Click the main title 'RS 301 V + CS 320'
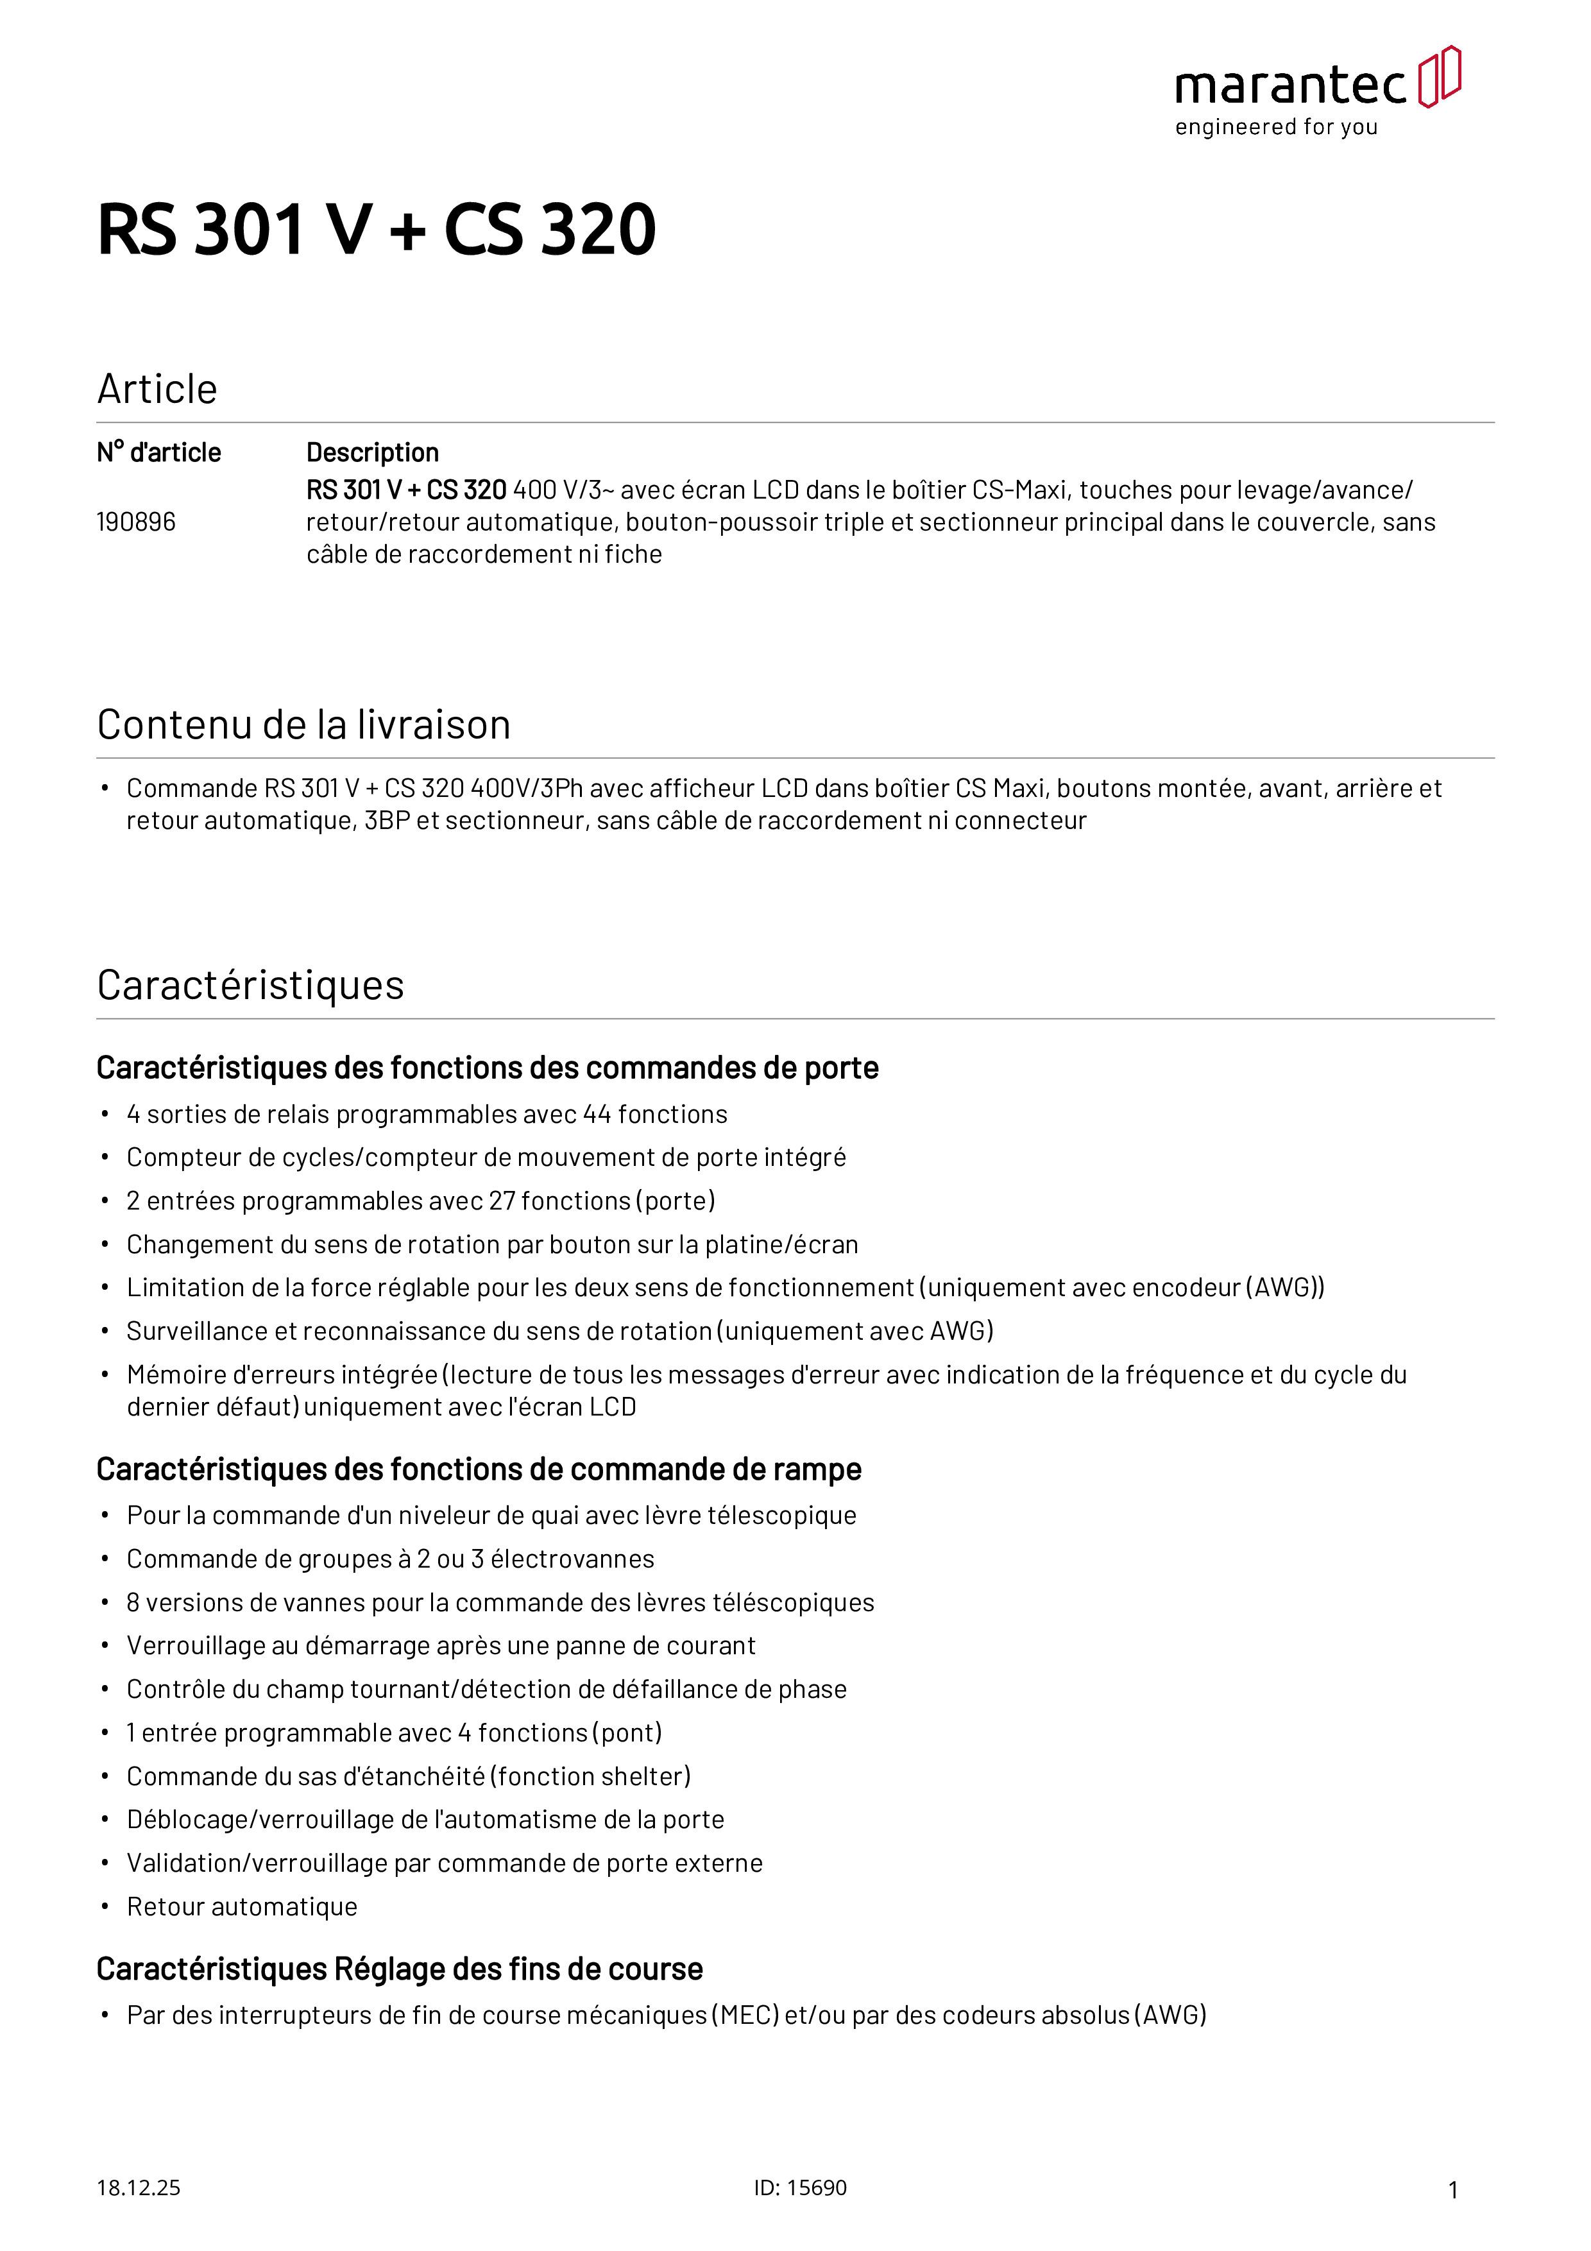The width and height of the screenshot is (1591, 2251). (377, 230)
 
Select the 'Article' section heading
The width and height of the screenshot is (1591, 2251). (157, 389)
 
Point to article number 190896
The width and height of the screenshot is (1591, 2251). (136, 522)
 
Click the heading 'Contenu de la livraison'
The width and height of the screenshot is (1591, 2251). (304, 724)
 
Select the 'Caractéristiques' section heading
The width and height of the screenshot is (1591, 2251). (250, 986)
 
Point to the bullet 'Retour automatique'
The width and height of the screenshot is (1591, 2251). (242, 1907)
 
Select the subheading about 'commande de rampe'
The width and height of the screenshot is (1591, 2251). (479, 1469)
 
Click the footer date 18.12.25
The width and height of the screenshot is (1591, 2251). (138, 2188)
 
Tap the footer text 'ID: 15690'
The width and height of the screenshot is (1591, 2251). (800, 2188)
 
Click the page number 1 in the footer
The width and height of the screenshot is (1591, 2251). (1453, 2190)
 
